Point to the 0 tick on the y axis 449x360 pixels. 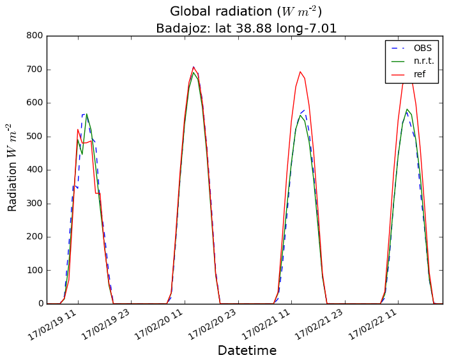(x=39, y=304)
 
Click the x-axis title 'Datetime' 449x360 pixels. (x=247, y=350)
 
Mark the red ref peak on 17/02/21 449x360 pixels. (x=300, y=71)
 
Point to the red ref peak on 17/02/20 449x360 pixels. (x=194, y=66)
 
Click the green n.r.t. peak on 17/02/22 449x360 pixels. (x=407, y=109)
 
